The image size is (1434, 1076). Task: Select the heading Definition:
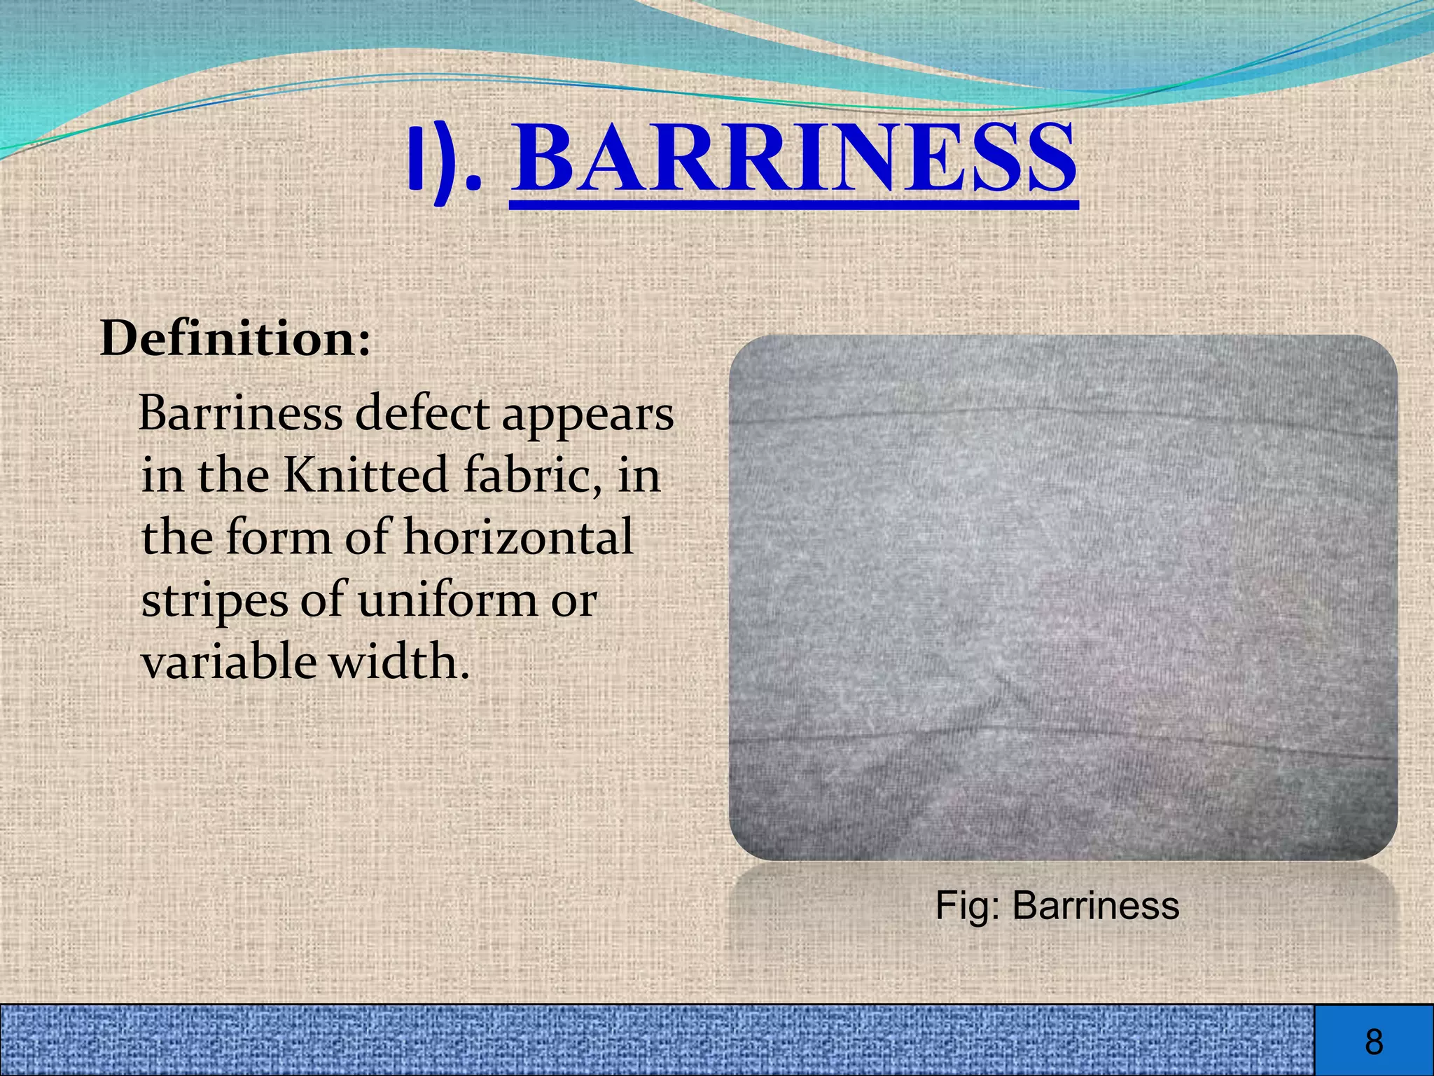pos(235,340)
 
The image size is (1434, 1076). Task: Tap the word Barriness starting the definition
pos(240,413)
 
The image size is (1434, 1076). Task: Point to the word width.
pos(398,661)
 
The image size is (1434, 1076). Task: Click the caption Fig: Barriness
pos(1057,906)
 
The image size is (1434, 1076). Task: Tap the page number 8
pos(1374,1042)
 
